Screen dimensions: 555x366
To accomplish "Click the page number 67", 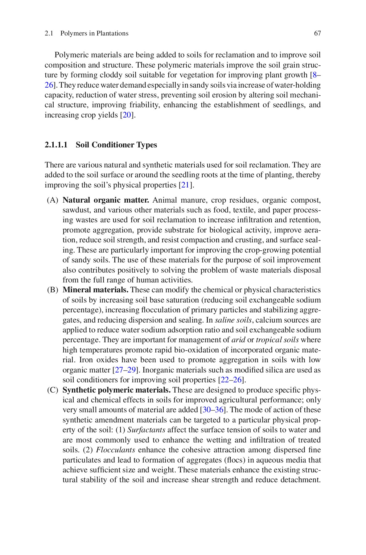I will [x=317, y=33].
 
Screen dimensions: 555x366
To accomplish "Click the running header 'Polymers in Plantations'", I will [x=94, y=33].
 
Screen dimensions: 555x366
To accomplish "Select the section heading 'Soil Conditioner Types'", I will [x=116, y=145].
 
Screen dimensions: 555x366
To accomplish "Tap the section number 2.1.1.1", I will [x=56, y=145].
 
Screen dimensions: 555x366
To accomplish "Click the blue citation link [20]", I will [x=127, y=115].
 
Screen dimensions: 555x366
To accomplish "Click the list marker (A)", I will [x=53, y=200].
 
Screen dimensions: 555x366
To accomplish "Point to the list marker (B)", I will [x=53, y=290].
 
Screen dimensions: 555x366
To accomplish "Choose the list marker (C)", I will [x=53, y=390].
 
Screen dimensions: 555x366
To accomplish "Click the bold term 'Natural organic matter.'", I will [x=106, y=200].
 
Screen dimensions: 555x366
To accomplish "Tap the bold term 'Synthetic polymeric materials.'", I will [x=117, y=390].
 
